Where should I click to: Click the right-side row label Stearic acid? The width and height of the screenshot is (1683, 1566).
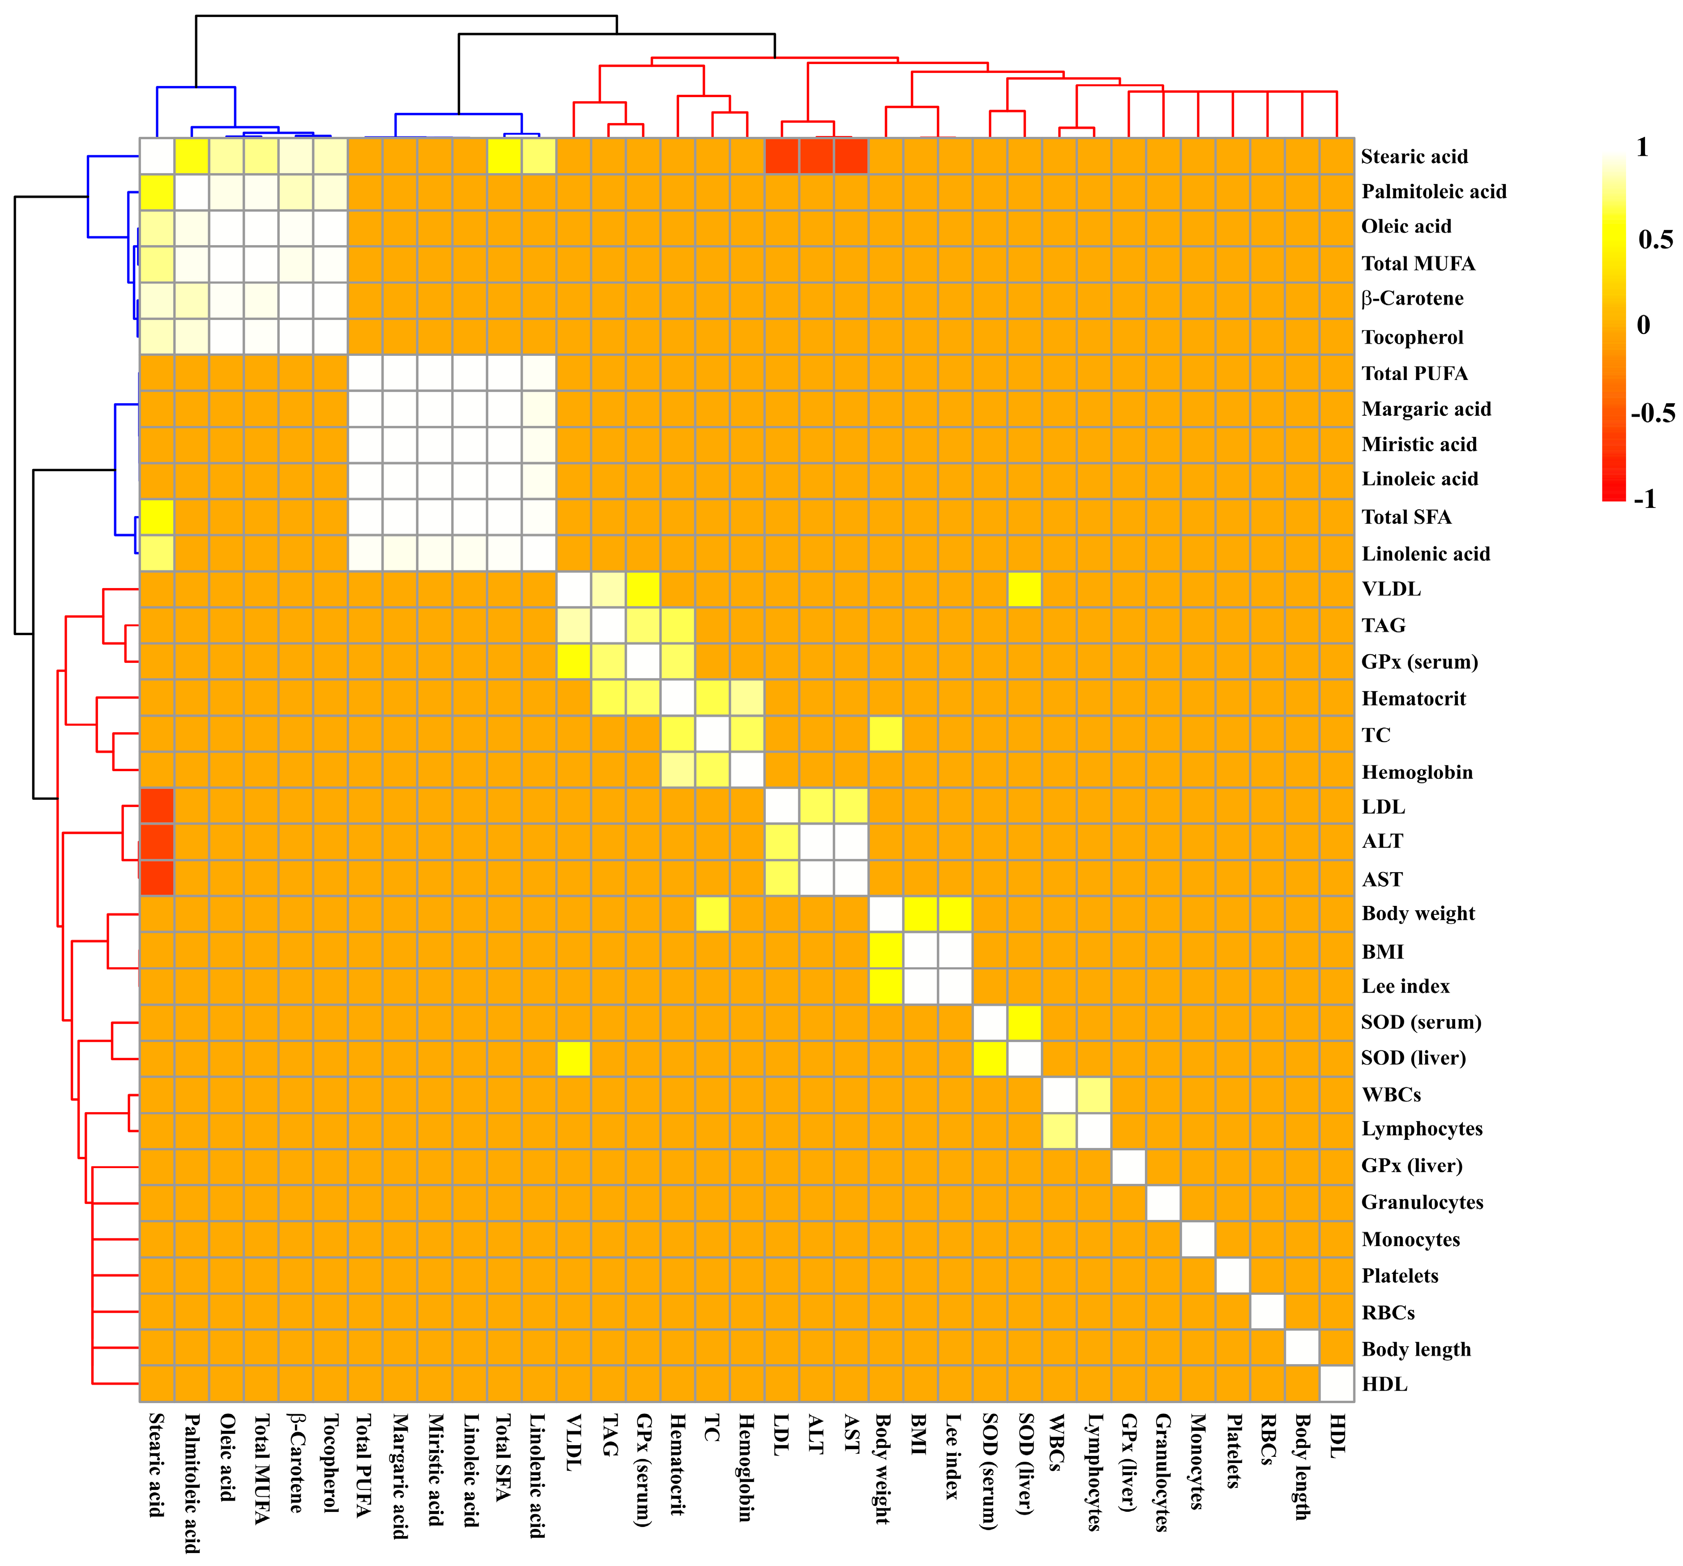click(x=1414, y=157)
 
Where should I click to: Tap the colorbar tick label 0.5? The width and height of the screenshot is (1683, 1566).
click(x=1655, y=239)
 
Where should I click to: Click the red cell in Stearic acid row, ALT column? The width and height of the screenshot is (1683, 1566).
click(x=816, y=156)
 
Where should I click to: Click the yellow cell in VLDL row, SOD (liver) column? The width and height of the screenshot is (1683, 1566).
click(x=1025, y=589)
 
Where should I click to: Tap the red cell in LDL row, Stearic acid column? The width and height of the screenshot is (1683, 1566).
click(x=157, y=806)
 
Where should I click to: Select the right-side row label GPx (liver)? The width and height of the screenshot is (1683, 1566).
click(x=1411, y=1165)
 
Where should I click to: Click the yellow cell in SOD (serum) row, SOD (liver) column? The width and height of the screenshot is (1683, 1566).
click(x=1025, y=1023)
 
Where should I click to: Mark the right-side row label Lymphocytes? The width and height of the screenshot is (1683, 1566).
click(x=1422, y=1129)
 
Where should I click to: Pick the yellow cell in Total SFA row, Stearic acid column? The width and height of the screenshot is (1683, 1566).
click(x=157, y=516)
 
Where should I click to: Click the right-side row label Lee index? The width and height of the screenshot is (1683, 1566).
click(x=1405, y=986)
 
